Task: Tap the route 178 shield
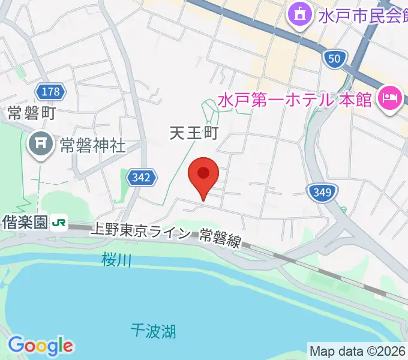[x=51, y=91]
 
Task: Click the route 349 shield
[x=322, y=193]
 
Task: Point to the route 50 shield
[x=335, y=58]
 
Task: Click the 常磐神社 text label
[x=92, y=145]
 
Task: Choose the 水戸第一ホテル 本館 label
[x=295, y=97]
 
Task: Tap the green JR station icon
[x=59, y=223]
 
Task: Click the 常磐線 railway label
[x=220, y=239]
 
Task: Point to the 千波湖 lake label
[x=153, y=329]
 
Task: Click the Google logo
[x=40, y=346]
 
